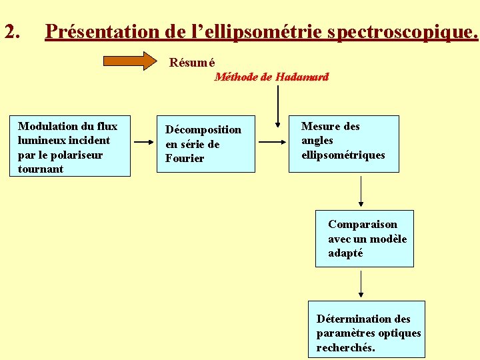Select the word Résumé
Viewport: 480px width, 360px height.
[x=191, y=63]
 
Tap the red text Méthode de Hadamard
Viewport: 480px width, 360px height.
[x=271, y=77]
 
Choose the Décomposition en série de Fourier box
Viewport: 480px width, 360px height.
[x=206, y=144]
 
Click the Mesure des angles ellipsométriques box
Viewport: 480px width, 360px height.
[x=343, y=143]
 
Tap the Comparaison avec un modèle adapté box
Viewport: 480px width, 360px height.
[x=365, y=239]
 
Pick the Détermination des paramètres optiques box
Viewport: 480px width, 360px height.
[x=366, y=329]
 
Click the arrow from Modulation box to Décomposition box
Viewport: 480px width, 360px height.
[x=143, y=142]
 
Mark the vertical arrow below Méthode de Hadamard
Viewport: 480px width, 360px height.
[x=277, y=106]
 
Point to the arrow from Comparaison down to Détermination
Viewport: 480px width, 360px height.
[x=361, y=284]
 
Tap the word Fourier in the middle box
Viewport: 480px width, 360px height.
[x=185, y=159]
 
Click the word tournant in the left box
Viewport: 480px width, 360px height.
[x=41, y=169]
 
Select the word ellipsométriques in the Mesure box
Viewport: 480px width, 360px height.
[x=343, y=155]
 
